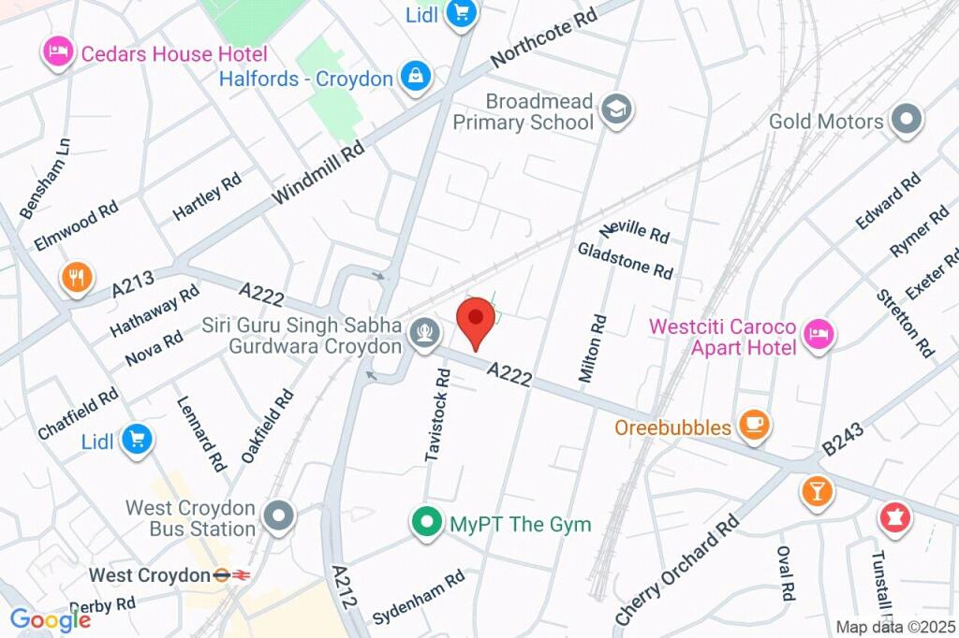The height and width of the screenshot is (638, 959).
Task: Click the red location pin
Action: [x=477, y=320]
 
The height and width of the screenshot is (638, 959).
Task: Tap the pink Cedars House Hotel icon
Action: [x=58, y=52]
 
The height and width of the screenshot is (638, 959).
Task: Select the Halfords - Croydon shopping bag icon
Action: [x=414, y=78]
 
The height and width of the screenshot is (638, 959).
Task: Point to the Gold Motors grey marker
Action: [x=907, y=121]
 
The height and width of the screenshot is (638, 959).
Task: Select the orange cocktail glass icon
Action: [x=817, y=491]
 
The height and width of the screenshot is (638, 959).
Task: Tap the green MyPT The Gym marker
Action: [x=427, y=523]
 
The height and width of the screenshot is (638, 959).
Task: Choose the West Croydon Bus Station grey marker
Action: [x=279, y=515]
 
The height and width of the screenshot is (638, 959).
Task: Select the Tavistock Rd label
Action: [x=438, y=413]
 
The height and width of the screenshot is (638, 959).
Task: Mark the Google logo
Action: [x=49, y=619]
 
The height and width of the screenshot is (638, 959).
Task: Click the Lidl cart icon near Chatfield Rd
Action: [x=138, y=439]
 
